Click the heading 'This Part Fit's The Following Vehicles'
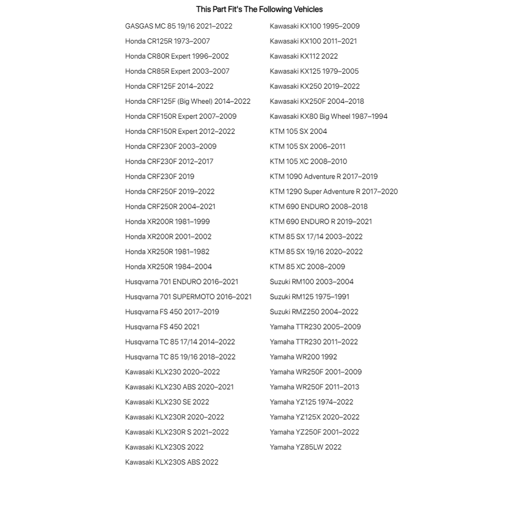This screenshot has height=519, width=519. (259, 9)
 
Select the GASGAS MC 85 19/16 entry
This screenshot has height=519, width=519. (179, 26)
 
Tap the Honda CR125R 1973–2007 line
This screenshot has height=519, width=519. (167, 41)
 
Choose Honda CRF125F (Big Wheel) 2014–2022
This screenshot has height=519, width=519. (187, 101)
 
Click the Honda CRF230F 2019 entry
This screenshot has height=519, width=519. (159, 176)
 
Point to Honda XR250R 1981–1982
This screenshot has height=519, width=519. (167, 252)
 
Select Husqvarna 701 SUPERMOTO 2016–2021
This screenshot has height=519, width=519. (188, 297)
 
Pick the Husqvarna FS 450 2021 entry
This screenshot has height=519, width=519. (162, 327)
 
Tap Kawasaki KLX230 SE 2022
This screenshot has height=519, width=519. (167, 402)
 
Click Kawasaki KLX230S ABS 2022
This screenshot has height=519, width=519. (171, 462)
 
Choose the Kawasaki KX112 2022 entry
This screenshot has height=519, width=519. (304, 56)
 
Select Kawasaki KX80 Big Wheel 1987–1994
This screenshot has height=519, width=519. (329, 116)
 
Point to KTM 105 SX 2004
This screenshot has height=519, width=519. (298, 131)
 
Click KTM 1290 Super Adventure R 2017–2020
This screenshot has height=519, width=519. (334, 192)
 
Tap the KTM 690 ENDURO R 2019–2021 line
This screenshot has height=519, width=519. (321, 222)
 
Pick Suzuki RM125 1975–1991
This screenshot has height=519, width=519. (309, 297)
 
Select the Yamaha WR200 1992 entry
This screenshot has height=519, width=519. (303, 357)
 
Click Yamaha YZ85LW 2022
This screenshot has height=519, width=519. (305, 447)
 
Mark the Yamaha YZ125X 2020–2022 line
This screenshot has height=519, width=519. (315, 417)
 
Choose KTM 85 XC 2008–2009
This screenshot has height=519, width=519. (307, 267)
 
